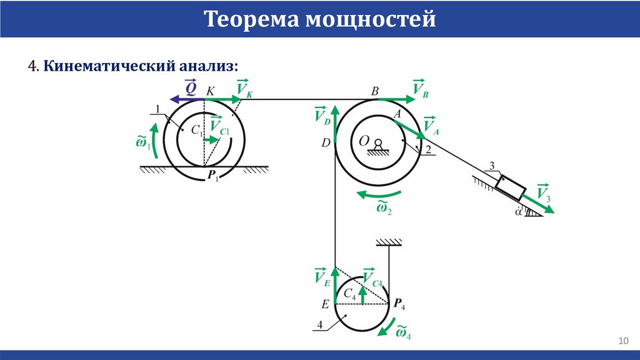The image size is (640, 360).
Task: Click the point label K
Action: pyautogui.click(x=210, y=91)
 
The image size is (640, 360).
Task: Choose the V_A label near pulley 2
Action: pyautogui.click(x=431, y=126)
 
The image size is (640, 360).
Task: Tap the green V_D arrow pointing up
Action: pyautogui.click(x=335, y=125)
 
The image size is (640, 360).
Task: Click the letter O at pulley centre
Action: pyautogui.click(x=364, y=142)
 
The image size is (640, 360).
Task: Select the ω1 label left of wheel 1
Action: pyautogui.click(x=143, y=142)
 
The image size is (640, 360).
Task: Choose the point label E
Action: pyautogui.click(x=325, y=305)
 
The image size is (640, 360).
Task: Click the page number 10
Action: pyautogui.click(x=622, y=341)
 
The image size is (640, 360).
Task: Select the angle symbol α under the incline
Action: pyautogui.click(x=518, y=211)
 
